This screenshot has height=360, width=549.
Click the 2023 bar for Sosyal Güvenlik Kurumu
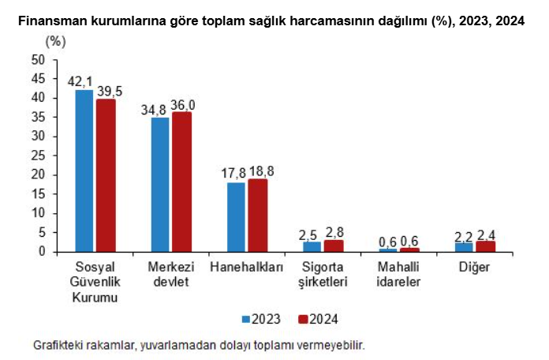[84, 171]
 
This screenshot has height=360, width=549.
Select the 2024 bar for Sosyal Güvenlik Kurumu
[106, 175]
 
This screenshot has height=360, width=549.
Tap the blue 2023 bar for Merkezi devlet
[160, 185]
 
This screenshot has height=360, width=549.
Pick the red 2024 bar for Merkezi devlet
[181, 182]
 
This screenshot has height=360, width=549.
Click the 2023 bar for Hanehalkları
[236, 217]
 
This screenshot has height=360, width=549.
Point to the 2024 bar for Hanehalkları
[257, 216]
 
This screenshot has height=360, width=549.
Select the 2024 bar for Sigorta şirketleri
[333, 246]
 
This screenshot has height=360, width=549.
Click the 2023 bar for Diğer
[464, 247]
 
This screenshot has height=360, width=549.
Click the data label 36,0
[183, 104]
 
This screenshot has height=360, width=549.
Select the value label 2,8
[334, 232]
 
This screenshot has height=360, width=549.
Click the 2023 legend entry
[261, 319]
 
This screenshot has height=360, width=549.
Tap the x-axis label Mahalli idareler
[399, 274]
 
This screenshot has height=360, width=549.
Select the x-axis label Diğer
[474, 267]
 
